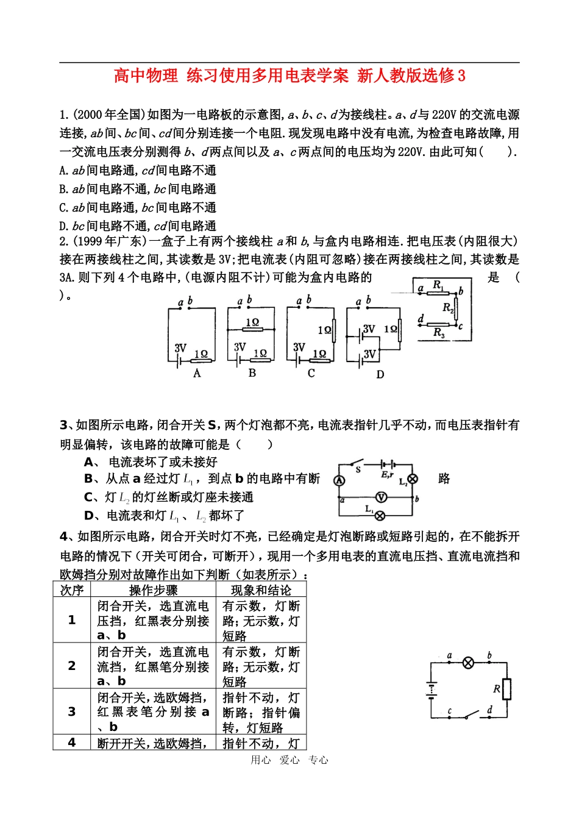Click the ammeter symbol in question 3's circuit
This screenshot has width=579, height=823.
pyautogui.click(x=339, y=480)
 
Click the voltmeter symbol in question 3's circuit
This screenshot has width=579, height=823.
pyautogui.click(x=381, y=497)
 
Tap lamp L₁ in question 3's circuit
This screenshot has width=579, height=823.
pyautogui.click(x=380, y=516)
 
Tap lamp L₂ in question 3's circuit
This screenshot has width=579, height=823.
pyautogui.click(x=413, y=479)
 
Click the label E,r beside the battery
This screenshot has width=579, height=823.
pyautogui.click(x=387, y=474)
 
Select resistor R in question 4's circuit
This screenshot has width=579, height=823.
pyautogui.click(x=506, y=689)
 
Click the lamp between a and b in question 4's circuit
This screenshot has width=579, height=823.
pyautogui.click(x=468, y=663)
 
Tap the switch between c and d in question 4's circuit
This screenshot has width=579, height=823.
pyautogui.click(x=469, y=715)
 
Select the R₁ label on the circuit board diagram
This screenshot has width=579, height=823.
pyautogui.click(x=438, y=285)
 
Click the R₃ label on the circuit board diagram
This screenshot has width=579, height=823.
pyautogui.click(x=439, y=333)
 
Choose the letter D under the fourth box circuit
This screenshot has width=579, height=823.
pyautogui.click(x=380, y=374)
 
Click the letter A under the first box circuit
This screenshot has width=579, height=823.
pyautogui.click(x=197, y=373)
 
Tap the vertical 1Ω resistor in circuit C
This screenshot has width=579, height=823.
pyautogui.click(x=333, y=330)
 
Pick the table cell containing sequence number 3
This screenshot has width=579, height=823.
pyautogui.click(x=72, y=711)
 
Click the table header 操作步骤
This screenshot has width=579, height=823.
pyautogui.click(x=154, y=590)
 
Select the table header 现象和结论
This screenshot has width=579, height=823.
pyautogui.click(x=261, y=590)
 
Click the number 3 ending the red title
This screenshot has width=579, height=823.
pyautogui.click(x=461, y=76)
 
